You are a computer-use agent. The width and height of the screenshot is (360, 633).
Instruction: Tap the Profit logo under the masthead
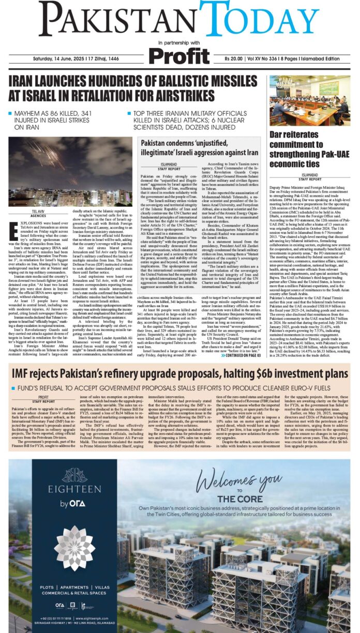pos(180,54)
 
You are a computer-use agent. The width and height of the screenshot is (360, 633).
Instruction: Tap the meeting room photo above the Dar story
pos(309,101)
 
